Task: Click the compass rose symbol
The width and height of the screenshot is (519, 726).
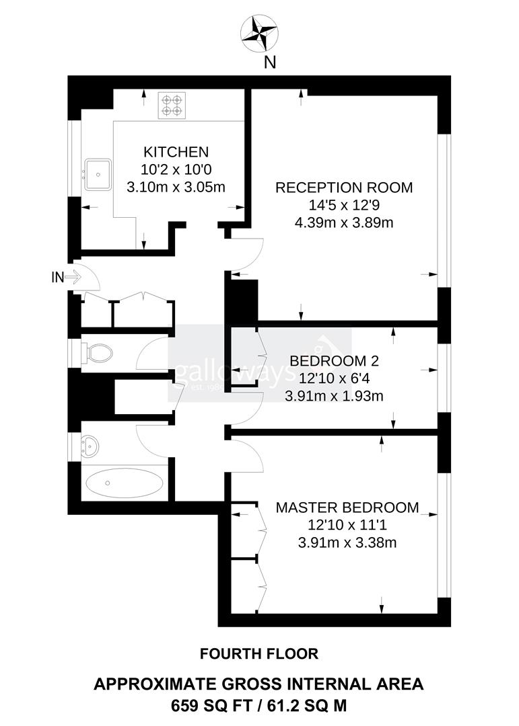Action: pos(259,33)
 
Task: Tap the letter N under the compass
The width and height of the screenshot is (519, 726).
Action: pos(269,63)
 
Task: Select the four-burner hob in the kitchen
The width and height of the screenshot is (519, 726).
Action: pos(171,106)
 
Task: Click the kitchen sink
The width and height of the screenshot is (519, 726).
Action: pos(98,173)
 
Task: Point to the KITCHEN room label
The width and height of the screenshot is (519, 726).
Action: pos(176,152)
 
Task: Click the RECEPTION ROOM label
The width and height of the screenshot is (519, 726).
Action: pos(344,188)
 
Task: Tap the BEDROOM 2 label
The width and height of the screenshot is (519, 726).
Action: pos(335,361)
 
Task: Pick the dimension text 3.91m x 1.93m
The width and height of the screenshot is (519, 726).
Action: pos(335,396)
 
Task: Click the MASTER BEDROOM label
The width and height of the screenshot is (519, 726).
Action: pos(347,508)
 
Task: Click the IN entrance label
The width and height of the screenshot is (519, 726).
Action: pos(58,276)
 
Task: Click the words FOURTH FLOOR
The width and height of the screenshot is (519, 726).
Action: pos(259,653)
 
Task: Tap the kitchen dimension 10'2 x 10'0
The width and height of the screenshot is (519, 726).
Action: pos(176,169)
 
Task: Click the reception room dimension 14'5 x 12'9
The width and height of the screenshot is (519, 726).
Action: pos(344,205)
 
